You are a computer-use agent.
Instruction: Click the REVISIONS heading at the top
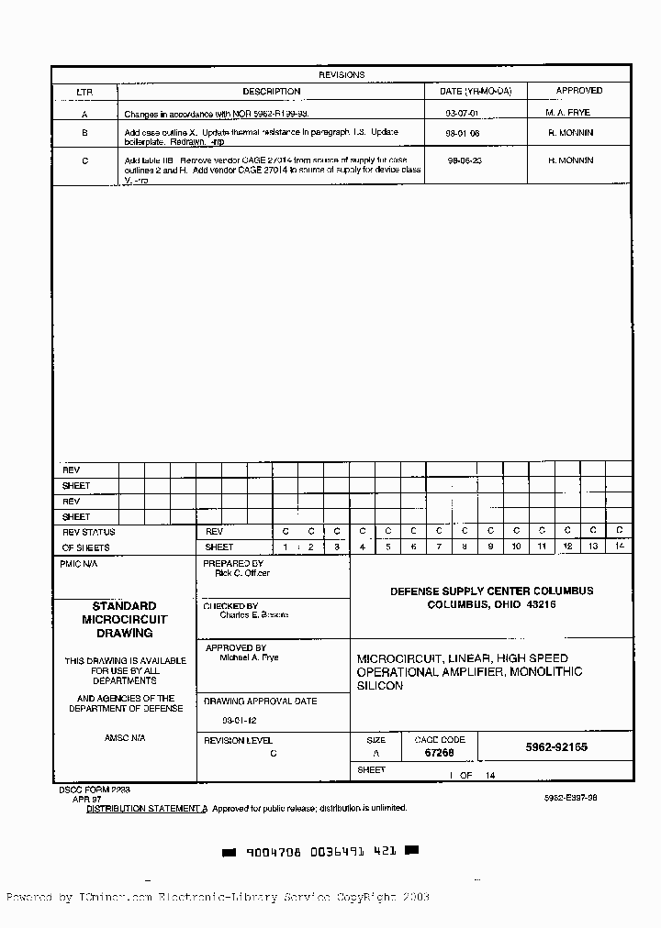click(342, 75)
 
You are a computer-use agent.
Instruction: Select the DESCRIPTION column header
click(271, 91)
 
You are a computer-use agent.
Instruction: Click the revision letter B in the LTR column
click(84, 134)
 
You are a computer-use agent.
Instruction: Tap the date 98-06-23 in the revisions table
click(465, 160)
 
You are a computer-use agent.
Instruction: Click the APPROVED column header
click(579, 91)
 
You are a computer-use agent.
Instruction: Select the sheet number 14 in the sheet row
click(619, 547)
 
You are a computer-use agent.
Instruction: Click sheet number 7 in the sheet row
click(440, 547)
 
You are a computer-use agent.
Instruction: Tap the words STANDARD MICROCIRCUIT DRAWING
click(125, 619)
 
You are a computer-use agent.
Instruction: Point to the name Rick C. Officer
click(242, 573)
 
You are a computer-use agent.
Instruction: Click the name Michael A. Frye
click(249, 657)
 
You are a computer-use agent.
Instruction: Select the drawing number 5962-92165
click(556, 747)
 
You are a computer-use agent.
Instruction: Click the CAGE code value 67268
click(439, 752)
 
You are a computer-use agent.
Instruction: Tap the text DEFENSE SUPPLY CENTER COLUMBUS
click(491, 591)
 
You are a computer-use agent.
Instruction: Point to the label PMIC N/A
click(78, 564)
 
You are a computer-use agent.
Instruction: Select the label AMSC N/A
click(125, 737)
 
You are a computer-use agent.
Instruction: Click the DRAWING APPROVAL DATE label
click(260, 702)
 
